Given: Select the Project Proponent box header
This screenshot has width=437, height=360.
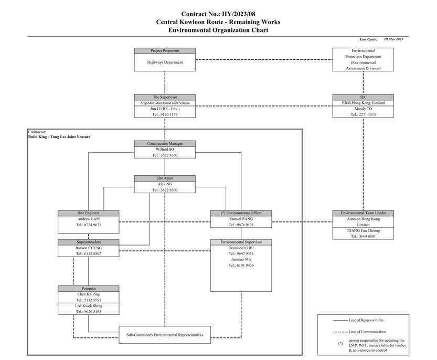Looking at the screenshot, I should [165, 51].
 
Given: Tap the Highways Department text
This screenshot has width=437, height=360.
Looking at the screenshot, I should [165, 62].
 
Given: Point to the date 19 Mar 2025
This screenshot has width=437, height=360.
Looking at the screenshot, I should [393, 39].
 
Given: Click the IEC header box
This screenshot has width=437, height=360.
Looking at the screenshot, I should [363, 97].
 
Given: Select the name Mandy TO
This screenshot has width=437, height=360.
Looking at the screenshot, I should [363, 109].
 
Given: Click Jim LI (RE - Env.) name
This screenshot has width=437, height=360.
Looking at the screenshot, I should [165, 109].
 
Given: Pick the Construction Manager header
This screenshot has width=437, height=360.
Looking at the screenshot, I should [165, 144].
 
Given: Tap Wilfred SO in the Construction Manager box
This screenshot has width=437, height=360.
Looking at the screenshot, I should [165, 150].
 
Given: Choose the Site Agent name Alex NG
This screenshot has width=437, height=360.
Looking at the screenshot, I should [165, 184].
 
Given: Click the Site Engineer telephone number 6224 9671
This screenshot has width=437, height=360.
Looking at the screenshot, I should [89, 225].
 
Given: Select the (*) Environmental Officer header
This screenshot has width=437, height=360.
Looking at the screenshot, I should [241, 213].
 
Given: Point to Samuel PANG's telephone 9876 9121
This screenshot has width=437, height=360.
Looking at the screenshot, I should [241, 225].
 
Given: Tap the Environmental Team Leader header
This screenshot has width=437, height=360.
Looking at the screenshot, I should [363, 213].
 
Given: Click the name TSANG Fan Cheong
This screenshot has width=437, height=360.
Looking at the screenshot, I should [363, 230].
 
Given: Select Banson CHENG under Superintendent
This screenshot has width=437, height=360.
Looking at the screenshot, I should [89, 248].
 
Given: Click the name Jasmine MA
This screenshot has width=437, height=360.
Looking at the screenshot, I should [240, 260].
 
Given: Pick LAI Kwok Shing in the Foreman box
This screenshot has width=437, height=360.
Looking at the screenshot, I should [89, 305].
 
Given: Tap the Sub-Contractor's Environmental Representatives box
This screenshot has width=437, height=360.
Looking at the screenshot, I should [165, 334].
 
